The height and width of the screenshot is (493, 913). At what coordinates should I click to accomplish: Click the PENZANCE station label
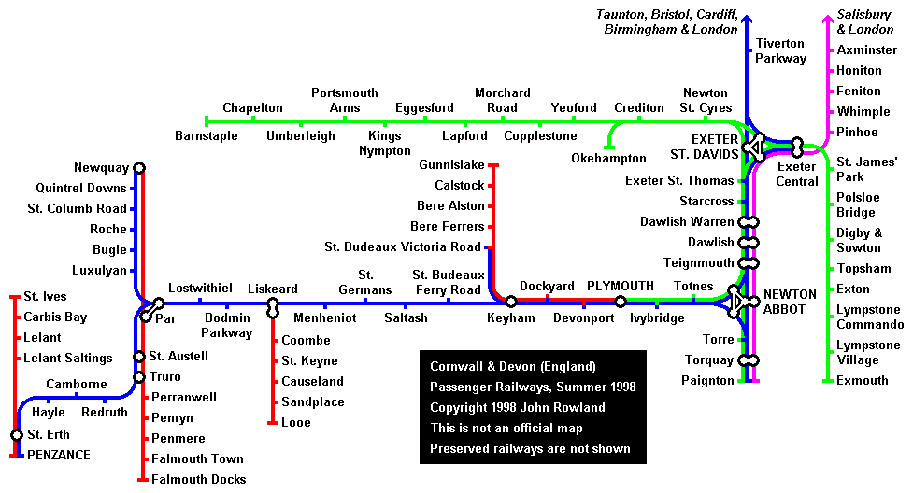pyautogui.click(x=58, y=456)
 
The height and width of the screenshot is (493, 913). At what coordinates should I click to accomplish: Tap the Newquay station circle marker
pyautogui.click(x=139, y=168)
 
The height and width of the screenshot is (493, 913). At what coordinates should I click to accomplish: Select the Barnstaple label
pyautogui.click(x=206, y=136)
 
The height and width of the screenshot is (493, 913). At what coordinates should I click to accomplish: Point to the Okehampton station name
pyautogui.click(x=608, y=159)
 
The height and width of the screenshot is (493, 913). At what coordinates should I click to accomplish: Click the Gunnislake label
pyautogui.click(x=452, y=165)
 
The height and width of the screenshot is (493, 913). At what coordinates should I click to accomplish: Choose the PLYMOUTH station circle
pyautogui.click(x=621, y=301)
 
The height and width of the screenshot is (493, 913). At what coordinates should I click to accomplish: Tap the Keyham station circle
pyautogui.click(x=511, y=301)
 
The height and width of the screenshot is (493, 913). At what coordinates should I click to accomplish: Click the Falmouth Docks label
pyautogui.click(x=198, y=480)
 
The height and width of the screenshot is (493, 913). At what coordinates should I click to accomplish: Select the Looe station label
pyautogui.click(x=296, y=423)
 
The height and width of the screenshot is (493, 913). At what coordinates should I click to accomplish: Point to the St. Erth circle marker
pyautogui.click(x=17, y=435)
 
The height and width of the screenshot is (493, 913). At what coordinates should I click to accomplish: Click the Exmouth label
pyautogui.click(x=863, y=381)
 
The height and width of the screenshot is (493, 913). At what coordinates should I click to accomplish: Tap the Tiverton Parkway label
pyautogui.click(x=781, y=51)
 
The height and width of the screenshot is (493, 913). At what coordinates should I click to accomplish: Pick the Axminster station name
pyautogui.click(x=866, y=50)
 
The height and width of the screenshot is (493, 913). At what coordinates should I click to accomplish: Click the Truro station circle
pyautogui.click(x=139, y=377)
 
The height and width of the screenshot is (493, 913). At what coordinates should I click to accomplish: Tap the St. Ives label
pyautogui.click(x=45, y=297)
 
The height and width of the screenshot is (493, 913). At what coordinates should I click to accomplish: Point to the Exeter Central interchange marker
pyautogui.click(x=797, y=147)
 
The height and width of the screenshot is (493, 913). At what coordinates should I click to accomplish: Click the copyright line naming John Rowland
pyautogui.click(x=517, y=407)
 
